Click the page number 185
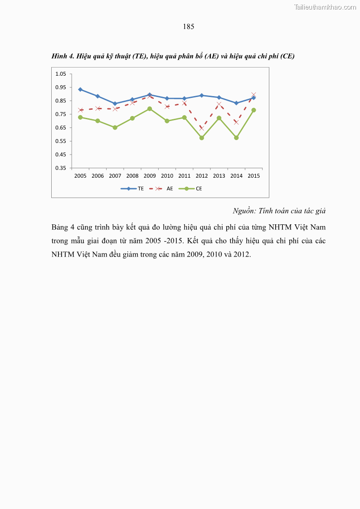189,27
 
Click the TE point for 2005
80,89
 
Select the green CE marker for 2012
202,138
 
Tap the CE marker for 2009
150,109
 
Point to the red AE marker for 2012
202,128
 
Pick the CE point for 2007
115,127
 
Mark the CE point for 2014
236,137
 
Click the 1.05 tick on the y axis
61,74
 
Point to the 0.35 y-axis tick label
61,168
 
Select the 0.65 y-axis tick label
61,128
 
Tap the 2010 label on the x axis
167,176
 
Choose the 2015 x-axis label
253,176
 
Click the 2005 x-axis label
80,176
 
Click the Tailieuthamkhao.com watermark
325,7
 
